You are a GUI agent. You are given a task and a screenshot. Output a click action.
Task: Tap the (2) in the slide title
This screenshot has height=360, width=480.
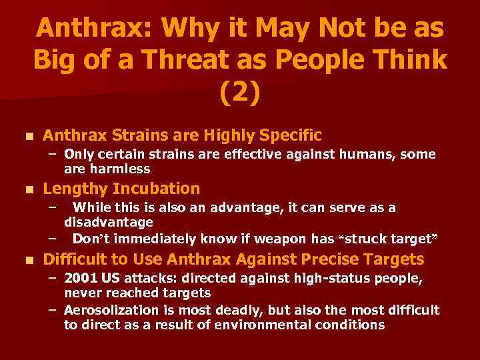click(x=240, y=93)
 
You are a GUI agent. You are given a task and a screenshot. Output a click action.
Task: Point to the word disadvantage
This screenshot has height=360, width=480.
click(x=109, y=221)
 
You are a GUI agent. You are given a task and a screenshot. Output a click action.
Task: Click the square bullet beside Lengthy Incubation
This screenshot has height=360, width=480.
click(x=27, y=189)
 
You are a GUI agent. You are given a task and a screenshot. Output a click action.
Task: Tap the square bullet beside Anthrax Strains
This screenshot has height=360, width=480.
click(x=27, y=137)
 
